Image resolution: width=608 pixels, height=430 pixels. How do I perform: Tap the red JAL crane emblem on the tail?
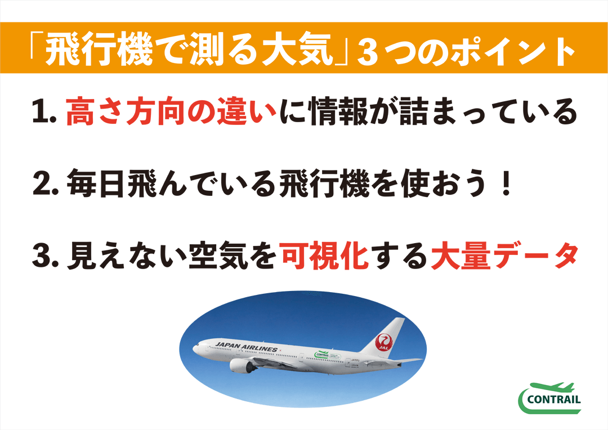[x=383, y=342]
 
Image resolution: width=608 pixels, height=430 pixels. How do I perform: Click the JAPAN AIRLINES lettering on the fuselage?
[x=246, y=347]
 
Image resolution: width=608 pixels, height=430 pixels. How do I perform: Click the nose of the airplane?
[x=195, y=348]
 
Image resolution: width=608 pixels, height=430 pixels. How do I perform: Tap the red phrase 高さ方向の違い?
[x=171, y=111]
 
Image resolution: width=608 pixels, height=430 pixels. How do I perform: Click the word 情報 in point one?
[x=338, y=111]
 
